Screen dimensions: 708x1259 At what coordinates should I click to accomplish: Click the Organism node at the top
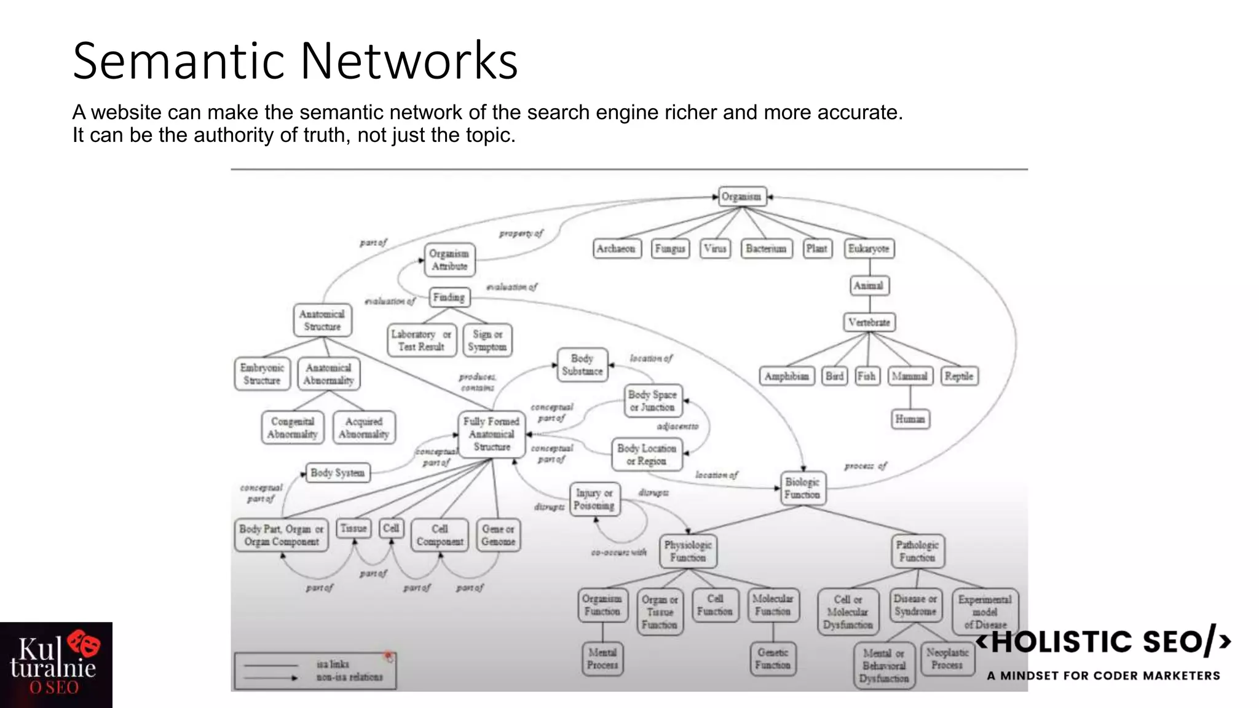[x=742, y=197]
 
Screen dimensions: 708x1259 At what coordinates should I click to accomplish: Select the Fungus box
[x=669, y=249]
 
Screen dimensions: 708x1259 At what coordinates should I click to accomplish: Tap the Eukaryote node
[x=869, y=249]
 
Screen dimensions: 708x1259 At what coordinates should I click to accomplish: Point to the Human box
[x=910, y=419]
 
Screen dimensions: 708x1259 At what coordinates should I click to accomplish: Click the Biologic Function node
[x=802, y=489]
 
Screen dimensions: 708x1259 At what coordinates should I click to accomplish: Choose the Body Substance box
[x=582, y=365]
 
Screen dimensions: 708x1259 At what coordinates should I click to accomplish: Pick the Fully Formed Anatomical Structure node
[x=492, y=435]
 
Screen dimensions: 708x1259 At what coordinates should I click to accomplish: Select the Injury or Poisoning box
[x=594, y=500]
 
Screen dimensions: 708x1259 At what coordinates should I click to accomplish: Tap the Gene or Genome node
[x=498, y=535]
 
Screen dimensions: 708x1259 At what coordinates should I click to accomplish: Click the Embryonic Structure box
[x=262, y=374]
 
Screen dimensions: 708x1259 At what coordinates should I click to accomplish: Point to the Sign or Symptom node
[x=487, y=340]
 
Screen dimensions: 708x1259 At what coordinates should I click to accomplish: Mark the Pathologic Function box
[x=917, y=551]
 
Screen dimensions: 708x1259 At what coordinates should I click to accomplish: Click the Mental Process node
[x=602, y=659]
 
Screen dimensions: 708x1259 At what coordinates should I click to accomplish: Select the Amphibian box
[x=786, y=376]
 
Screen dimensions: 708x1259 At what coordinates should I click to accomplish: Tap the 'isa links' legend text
[x=333, y=664]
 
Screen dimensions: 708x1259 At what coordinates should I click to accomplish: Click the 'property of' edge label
[x=521, y=234]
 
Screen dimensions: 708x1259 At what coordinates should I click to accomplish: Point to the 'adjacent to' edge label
[x=677, y=426]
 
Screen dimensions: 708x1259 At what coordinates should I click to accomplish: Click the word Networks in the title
[x=409, y=61]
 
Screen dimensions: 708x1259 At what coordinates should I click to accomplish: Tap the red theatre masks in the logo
[x=84, y=643]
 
